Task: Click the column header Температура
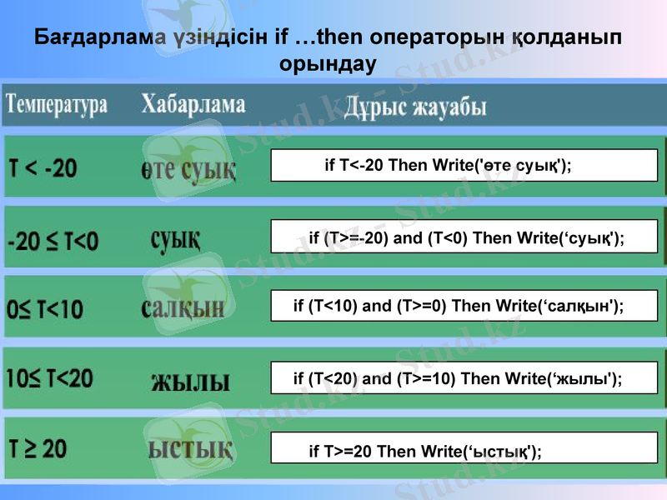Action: pyautogui.click(x=58, y=105)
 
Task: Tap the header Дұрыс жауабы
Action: pyautogui.click(x=415, y=107)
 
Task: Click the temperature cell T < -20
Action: pyautogui.click(x=43, y=169)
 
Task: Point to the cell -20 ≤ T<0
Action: pyautogui.click(x=53, y=242)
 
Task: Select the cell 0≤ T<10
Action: pyautogui.click(x=45, y=310)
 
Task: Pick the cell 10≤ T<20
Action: pyautogui.click(x=50, y=379)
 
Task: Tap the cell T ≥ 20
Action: pyautogui.click(x=38, y=449)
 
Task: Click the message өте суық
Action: pyautogui.click(x=187, y=170)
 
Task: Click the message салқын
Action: pyautogui.click(x=183, y=307)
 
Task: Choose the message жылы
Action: pyautogui.click(x=190, y=382)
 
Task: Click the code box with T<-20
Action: pyautogui.click(x=464, y=165)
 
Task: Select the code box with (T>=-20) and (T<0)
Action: pyautogui.click(x=464, y=238)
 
